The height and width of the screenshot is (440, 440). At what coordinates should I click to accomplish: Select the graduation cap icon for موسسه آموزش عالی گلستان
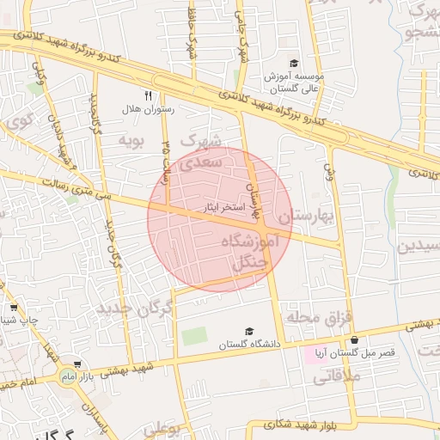tap(293, 64)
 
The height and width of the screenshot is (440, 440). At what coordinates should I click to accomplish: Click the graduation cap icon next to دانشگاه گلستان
tap(249, 332)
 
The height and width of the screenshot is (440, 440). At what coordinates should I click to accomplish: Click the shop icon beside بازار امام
tap(78, 364)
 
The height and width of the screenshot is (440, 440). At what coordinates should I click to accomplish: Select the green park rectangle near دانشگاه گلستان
tap(194, 336)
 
